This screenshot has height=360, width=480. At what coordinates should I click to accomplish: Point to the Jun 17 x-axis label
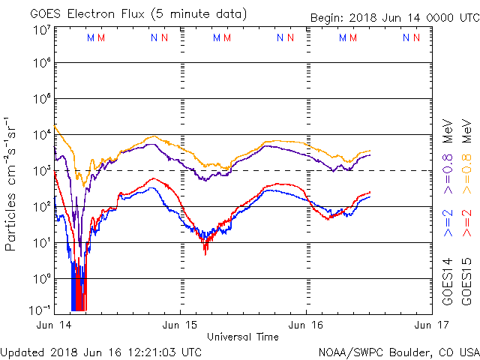tap(433, 325)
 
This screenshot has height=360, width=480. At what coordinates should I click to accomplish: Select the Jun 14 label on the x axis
tap(53, 325)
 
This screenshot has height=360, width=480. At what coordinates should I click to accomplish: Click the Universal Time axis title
tap(242, 337)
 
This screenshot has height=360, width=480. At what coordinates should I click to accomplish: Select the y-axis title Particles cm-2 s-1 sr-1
tap(12, 184)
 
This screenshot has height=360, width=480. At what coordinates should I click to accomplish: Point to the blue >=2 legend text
tap(448, 223)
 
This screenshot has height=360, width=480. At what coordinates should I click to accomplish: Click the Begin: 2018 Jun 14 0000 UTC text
tap(394, 17)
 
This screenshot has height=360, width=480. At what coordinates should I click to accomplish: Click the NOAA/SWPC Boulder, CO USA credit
tap(398, 352)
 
